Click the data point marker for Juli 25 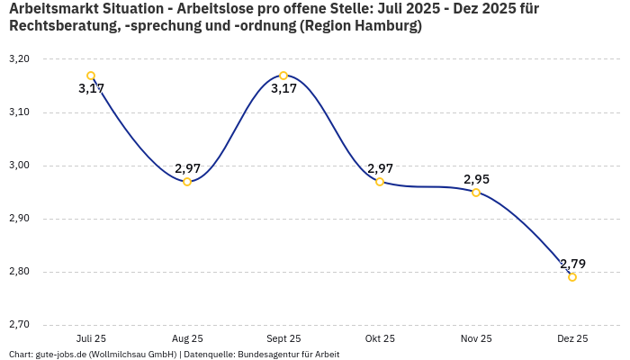coord(91,76)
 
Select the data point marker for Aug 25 coord(187,182)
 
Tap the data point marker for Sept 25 coord(283,76)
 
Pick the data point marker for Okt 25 coord(380,182)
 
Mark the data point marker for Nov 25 coord(476,193)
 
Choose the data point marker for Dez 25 coord(572,277)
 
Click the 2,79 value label coord(572,264)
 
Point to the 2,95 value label coord(476,179)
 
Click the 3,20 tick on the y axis coord(19,59)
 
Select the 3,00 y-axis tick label coord(19,166)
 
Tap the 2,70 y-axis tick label coord(19,325)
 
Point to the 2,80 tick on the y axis coord(19,272)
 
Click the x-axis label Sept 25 coord(283,338)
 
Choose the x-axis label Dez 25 coord(572,338)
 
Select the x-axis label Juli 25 coord(91,338)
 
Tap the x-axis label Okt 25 coord(380,338)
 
